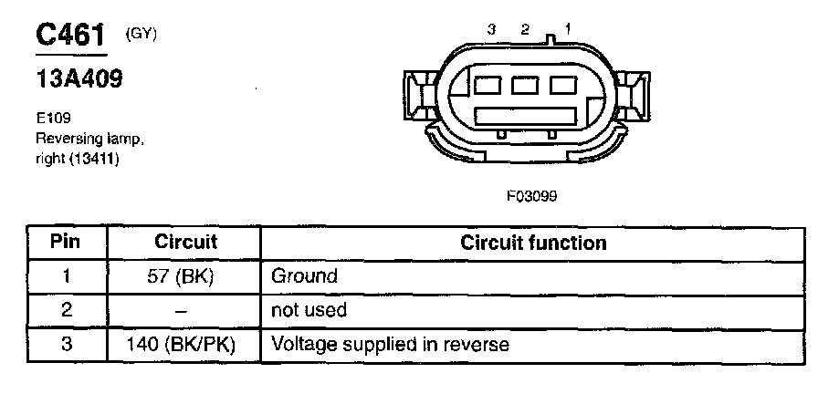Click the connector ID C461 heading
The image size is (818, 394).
70,35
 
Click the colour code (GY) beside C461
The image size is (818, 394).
141,35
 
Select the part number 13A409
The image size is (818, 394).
79,79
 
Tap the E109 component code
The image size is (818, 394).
53,119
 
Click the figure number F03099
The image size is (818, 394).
531,196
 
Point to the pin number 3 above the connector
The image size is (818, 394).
491,30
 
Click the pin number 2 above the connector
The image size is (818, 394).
525,30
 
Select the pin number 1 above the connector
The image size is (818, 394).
568,30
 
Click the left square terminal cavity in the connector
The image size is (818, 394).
488,85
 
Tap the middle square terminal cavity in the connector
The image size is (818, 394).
525,85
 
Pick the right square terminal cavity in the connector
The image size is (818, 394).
563,85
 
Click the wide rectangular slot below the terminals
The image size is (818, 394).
525,116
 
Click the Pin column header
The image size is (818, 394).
65,242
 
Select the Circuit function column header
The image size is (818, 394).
533,243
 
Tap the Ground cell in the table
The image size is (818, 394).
304,275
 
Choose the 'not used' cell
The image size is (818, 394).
309,310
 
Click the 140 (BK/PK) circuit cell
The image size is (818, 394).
181,345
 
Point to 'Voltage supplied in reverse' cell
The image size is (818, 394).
390,345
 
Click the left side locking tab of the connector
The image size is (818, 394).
421,96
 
